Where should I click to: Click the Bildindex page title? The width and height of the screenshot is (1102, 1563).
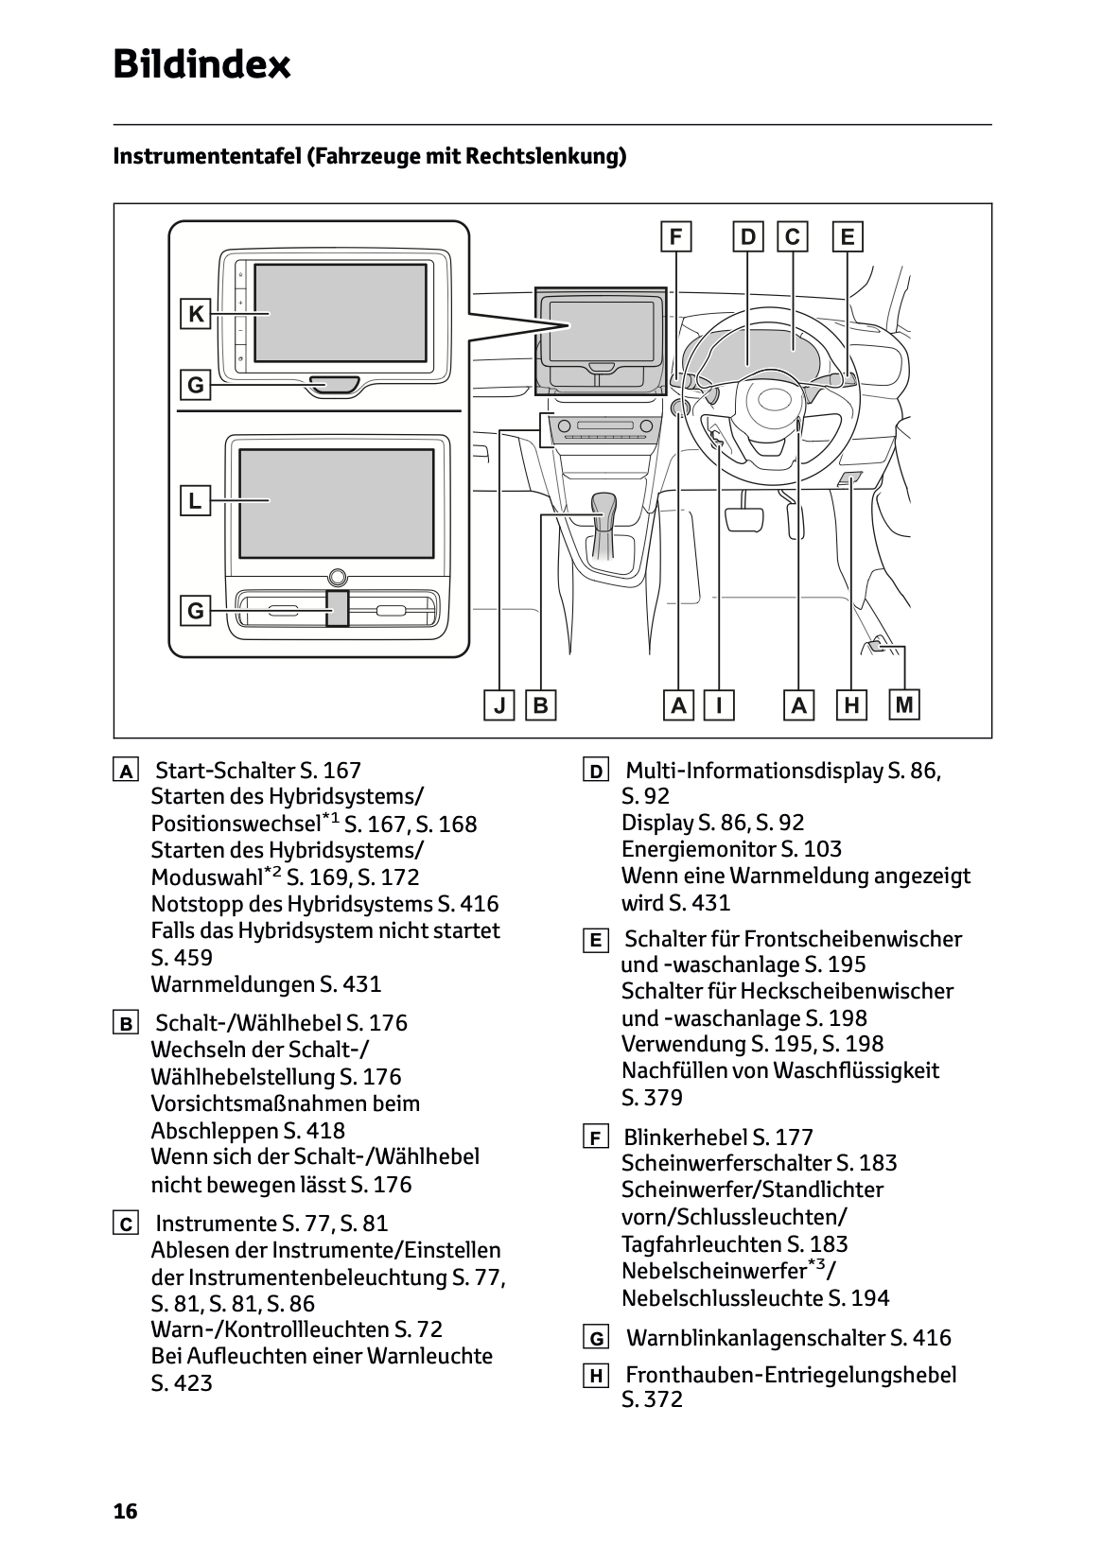[201, 65]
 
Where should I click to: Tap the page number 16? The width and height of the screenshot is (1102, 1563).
[125, 1511]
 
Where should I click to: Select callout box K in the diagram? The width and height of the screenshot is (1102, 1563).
[196, 314]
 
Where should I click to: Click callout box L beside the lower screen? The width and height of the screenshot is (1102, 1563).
[195, 500]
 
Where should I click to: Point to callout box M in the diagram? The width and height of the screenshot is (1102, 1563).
[905, 704]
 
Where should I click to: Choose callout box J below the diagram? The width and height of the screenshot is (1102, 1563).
[499, 705]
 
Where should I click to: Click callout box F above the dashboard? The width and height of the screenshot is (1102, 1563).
[675, 236]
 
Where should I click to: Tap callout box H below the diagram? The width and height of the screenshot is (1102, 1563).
[851, 705]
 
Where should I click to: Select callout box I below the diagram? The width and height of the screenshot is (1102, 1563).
[720, 705]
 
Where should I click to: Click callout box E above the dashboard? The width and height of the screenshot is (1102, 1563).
[847, 236]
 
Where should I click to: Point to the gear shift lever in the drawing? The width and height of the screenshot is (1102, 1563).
[603, 513]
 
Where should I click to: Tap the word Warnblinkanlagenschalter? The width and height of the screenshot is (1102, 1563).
[755, 1338]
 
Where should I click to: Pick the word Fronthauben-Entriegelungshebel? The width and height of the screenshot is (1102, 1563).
[791, 1375]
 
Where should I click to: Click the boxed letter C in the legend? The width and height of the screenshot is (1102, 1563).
[125, 1224]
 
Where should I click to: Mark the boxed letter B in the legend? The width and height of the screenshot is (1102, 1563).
[125, 1023]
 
